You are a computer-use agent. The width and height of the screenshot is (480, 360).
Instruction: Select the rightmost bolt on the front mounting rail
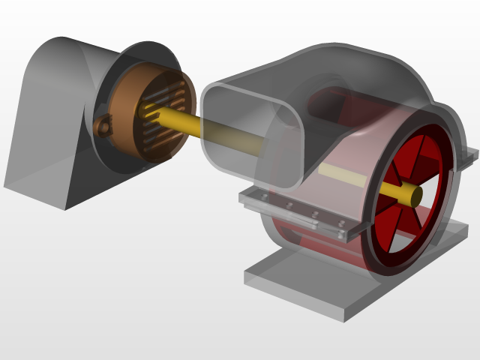(x=340, y=224)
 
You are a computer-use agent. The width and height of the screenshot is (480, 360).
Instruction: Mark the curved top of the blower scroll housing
(x=352, y=60)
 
